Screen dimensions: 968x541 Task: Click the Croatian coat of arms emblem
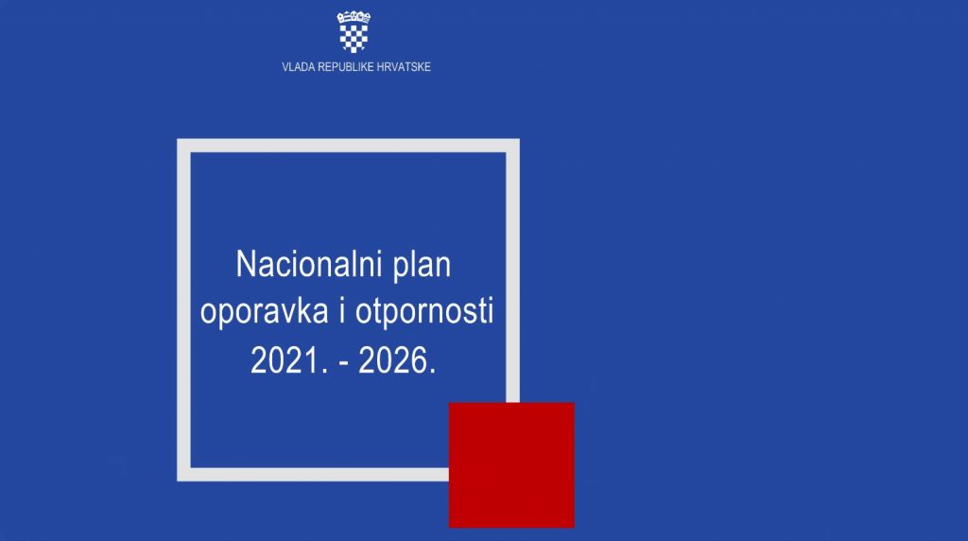(x=354, y=31)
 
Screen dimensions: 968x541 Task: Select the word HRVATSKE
(x=404, y=67)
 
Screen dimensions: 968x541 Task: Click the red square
(x=511, y=465)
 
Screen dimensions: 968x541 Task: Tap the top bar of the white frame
(x=348, y=146)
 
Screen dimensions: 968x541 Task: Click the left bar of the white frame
(x=184, y=310)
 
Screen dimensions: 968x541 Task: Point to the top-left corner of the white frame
(x=178, y=140)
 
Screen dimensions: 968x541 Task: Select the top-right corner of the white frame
(x=519, y=140)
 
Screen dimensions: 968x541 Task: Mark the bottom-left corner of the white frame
(x=178, y=480)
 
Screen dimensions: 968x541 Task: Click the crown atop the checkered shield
(x=354, y=17)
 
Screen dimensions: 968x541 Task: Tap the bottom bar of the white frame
(x=313, y=474)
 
